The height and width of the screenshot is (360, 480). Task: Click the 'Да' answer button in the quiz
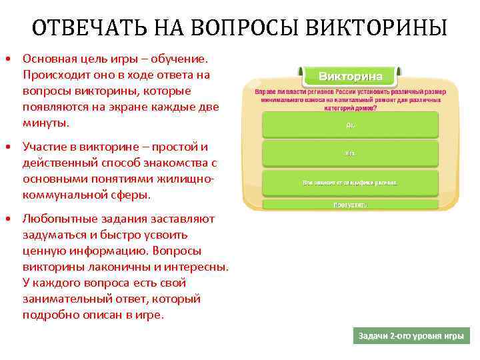[x=350, y=124]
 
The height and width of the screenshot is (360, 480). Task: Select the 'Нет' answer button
[x=350, y=153]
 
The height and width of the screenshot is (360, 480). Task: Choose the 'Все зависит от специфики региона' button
[x=350, y=182]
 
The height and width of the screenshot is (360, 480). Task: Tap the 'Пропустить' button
[x=350, y=205]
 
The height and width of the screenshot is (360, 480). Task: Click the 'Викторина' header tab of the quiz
[x=350, y=75]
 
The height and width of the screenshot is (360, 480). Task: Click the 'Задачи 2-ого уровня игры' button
[x=411, y=336]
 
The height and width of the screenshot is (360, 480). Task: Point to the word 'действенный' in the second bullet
[x=54, y=163]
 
